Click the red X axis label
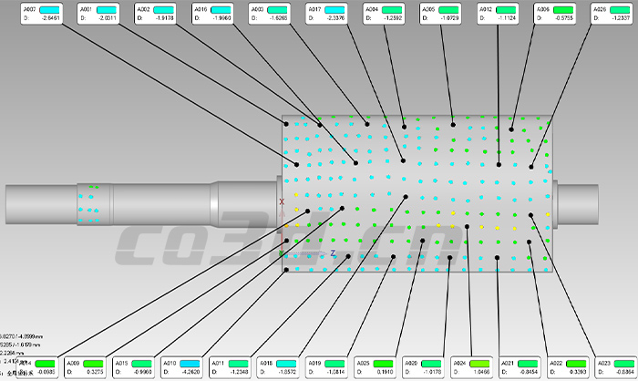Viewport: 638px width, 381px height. (x=282, y=201)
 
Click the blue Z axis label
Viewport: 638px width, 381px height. (x=334, y=252)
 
